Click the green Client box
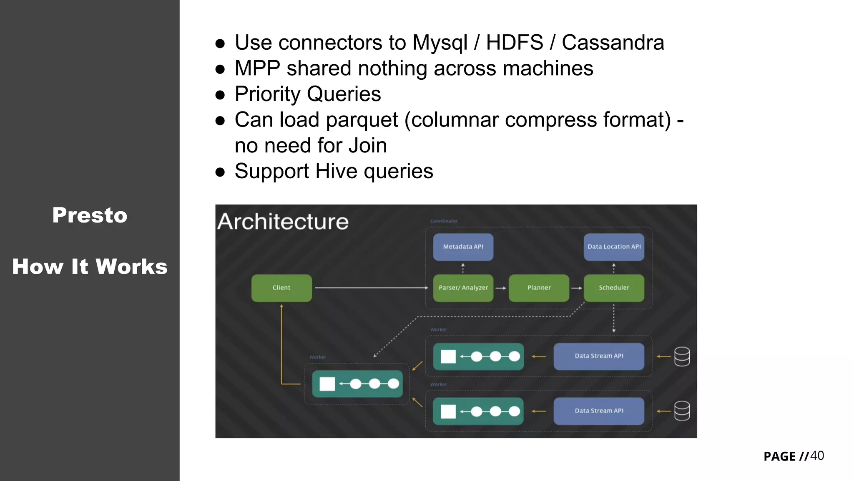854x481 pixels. tap(281, 288)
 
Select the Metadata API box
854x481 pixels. tap(463, 247)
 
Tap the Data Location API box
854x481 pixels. tap(614, 247)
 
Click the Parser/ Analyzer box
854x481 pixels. tap(463, 288)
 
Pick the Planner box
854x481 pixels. tap(539, 288)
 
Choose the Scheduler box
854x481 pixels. tap(614, 288)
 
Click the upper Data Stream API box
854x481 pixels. tap(599, 356)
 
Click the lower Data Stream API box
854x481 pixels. tap(599, 411)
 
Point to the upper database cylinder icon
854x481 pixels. tap(682, 357)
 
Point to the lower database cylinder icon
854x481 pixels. tap(682, 411)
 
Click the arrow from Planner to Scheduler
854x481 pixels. tap(577, 288)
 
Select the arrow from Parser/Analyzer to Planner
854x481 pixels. tap(501, 288)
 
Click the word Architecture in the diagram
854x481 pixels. tap(283, 222)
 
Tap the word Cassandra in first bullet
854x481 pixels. tap(613, 43)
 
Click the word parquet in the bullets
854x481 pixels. tap(362, 120)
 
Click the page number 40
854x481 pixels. tap(817, 456)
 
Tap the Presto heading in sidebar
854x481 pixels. tap(90, 215)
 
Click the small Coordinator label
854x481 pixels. tap(444, 221)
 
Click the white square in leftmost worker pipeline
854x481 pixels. tap(327, 384)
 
